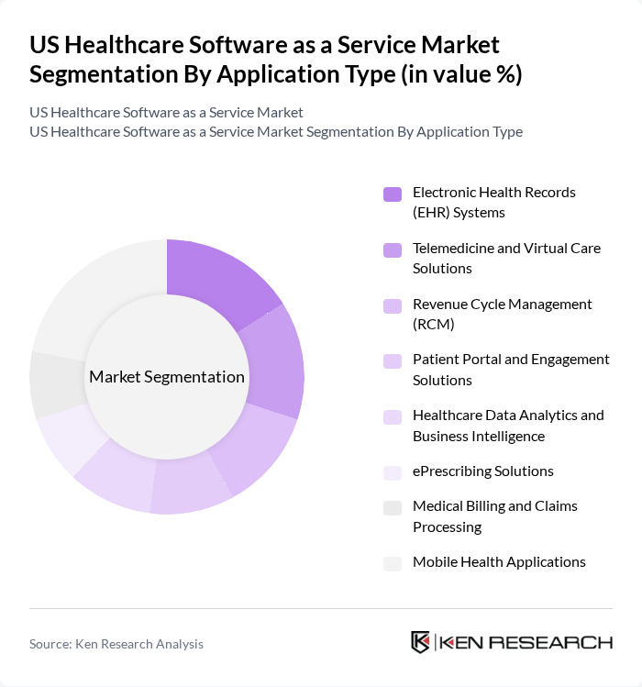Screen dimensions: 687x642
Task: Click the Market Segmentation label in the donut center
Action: tap(167, 377)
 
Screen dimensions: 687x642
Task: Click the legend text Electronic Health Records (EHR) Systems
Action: tap(493, 203)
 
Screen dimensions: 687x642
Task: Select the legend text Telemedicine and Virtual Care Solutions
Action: tap(506, 259)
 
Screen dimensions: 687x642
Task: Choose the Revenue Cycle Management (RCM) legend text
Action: tap(502, 314)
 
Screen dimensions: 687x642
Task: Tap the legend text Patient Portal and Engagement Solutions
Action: tap(510, 370)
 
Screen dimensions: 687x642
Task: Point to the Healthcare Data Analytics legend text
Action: tap(507, 426)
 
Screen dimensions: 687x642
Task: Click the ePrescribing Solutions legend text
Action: tap(482, 471)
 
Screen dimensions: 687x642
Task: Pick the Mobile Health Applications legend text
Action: tap(498, 562)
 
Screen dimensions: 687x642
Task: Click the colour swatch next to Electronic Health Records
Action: tap(393, 194)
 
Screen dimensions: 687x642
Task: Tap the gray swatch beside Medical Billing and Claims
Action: tap(393, 507)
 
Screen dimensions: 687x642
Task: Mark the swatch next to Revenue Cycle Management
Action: tap(393, 305)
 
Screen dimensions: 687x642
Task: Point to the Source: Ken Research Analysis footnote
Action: tap(116, 644)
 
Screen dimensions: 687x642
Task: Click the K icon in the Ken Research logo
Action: tap(421, 642)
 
